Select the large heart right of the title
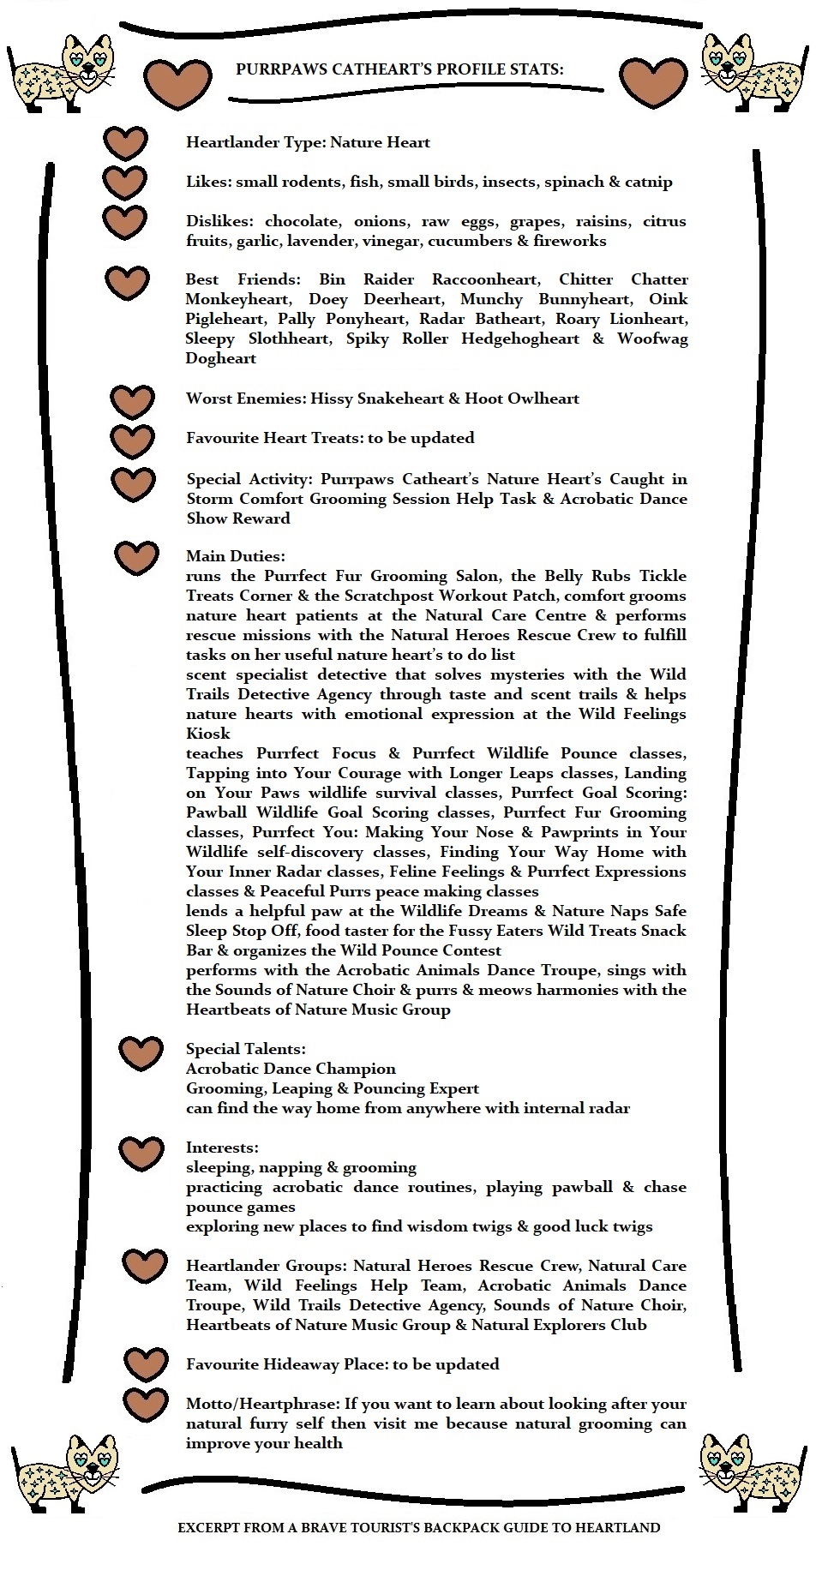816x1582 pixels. [x=653, y=83]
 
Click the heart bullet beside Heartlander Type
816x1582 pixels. [x=125, y=143]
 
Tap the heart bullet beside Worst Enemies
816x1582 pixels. [x=133, y=401]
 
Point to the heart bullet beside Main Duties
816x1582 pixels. [x=136, y=558]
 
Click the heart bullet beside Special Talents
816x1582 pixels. [x=141, y=1052]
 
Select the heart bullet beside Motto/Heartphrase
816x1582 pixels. [x=145, y=1405]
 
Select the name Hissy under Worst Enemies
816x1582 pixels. [x=331, y=398]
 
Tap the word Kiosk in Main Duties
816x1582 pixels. [x=208, y=734]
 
